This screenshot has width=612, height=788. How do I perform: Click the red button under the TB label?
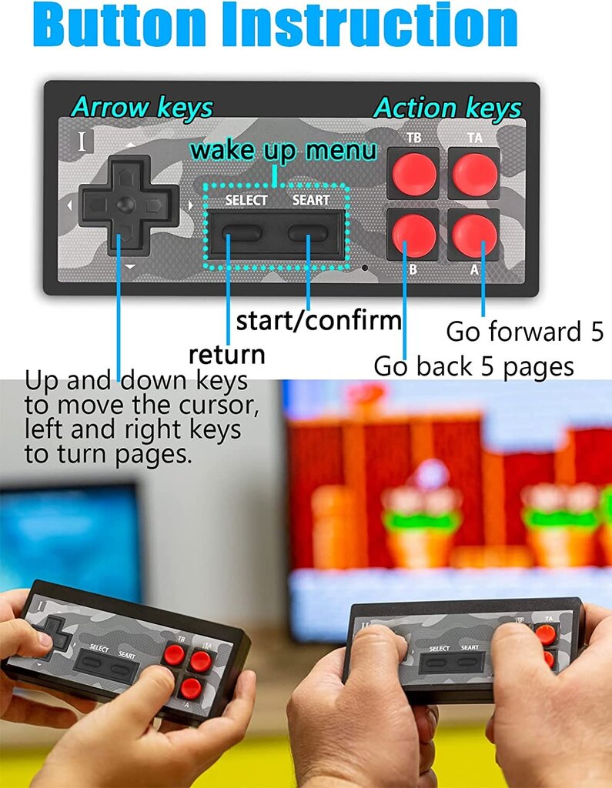coord(414,174)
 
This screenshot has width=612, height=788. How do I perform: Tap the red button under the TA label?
coord(474,174)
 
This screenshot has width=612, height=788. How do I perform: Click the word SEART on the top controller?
coord(311,200)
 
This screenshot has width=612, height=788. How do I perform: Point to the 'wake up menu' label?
coord(283,150)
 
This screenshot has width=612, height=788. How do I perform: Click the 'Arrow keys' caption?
coord(142,108)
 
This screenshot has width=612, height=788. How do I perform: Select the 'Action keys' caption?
coord(447,108)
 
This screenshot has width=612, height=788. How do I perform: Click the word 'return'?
coord(227,354)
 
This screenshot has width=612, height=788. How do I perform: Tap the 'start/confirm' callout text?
coord(319,320)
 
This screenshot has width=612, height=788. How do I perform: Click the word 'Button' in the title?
coord(119,25)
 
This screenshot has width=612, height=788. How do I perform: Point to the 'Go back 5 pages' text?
coord(473,366)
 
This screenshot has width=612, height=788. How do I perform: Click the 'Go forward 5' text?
coord(524,332)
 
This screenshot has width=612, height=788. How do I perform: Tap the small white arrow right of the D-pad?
coord(190,205)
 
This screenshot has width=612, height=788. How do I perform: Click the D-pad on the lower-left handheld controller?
coord(55,633)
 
